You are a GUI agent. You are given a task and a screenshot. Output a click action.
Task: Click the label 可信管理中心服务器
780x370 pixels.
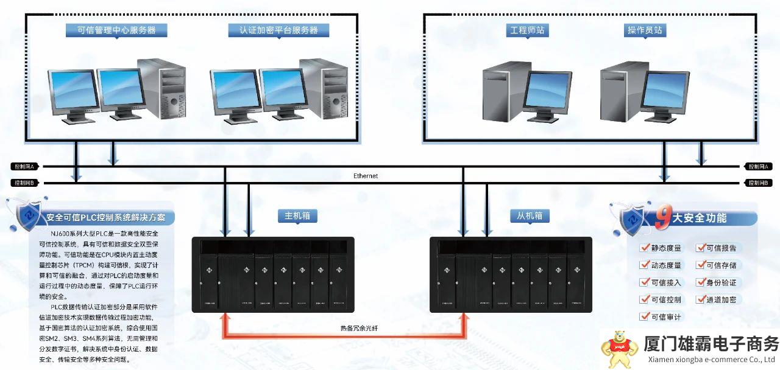[x=116, y=30]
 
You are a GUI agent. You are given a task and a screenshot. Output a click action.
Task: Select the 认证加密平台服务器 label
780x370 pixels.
[x=278, y=30]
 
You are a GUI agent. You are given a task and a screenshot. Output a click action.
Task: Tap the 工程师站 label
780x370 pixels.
[x=526, y=30]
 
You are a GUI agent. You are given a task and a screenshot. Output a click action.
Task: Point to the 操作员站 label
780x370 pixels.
[x=644, y=30]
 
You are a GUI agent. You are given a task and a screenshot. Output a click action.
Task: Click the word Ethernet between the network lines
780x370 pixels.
[x=366, y=176]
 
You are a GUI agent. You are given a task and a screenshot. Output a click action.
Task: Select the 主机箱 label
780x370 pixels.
[x=297, y=215]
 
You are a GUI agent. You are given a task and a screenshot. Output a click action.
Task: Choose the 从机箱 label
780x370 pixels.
[x=530, y=215]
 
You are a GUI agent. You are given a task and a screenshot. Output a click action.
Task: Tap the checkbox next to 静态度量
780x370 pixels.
[x=644, y=248]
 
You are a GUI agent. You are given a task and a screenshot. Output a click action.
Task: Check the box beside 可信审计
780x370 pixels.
[x=644, y=316]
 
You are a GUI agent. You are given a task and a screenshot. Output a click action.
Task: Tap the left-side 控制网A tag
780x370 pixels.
[x=26, y=166]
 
